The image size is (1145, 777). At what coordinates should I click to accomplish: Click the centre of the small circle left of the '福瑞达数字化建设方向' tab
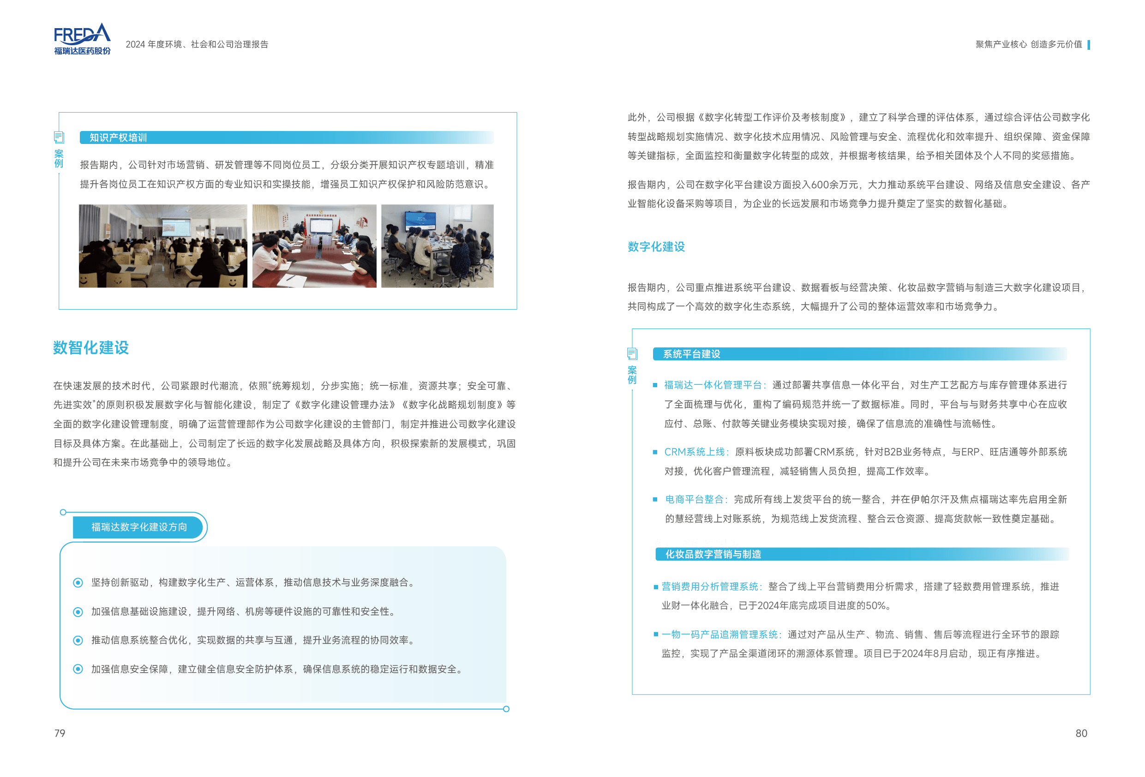(x=63, y=513)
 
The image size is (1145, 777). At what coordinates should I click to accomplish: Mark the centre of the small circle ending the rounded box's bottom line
(x=506, y=709)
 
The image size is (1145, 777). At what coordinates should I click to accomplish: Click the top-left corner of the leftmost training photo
(x=79, y=205)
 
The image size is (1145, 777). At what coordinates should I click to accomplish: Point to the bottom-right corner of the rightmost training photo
(x=493, y=287)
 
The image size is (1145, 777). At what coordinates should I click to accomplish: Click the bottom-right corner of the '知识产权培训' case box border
(x=517, y=309)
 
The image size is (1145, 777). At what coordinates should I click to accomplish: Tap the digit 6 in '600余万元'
(x=815, y=185)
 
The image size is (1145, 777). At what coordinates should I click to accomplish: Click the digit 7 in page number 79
(x=57, y=733)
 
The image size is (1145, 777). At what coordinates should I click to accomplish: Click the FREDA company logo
(x=82, y=39)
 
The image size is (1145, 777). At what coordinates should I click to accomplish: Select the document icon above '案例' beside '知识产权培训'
(x=59, y=137)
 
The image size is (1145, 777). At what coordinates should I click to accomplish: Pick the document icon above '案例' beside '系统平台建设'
(x=632, y=353)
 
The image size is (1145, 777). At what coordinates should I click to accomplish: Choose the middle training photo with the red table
(x=314, y=246)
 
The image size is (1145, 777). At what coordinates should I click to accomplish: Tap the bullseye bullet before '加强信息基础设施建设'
(x=78, y=612)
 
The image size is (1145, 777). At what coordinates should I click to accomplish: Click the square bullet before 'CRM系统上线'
(x=655, y=452)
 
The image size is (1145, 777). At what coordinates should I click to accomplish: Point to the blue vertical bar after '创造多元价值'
(x=1088, y=45)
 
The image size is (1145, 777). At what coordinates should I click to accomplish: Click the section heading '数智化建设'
(x=91, y=347)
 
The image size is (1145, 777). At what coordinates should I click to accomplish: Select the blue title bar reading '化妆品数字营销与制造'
(x=862, y=554)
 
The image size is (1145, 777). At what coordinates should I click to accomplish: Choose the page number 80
(x=1081, y=733)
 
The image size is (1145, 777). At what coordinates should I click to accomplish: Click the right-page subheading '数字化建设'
(x=656, y=246)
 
